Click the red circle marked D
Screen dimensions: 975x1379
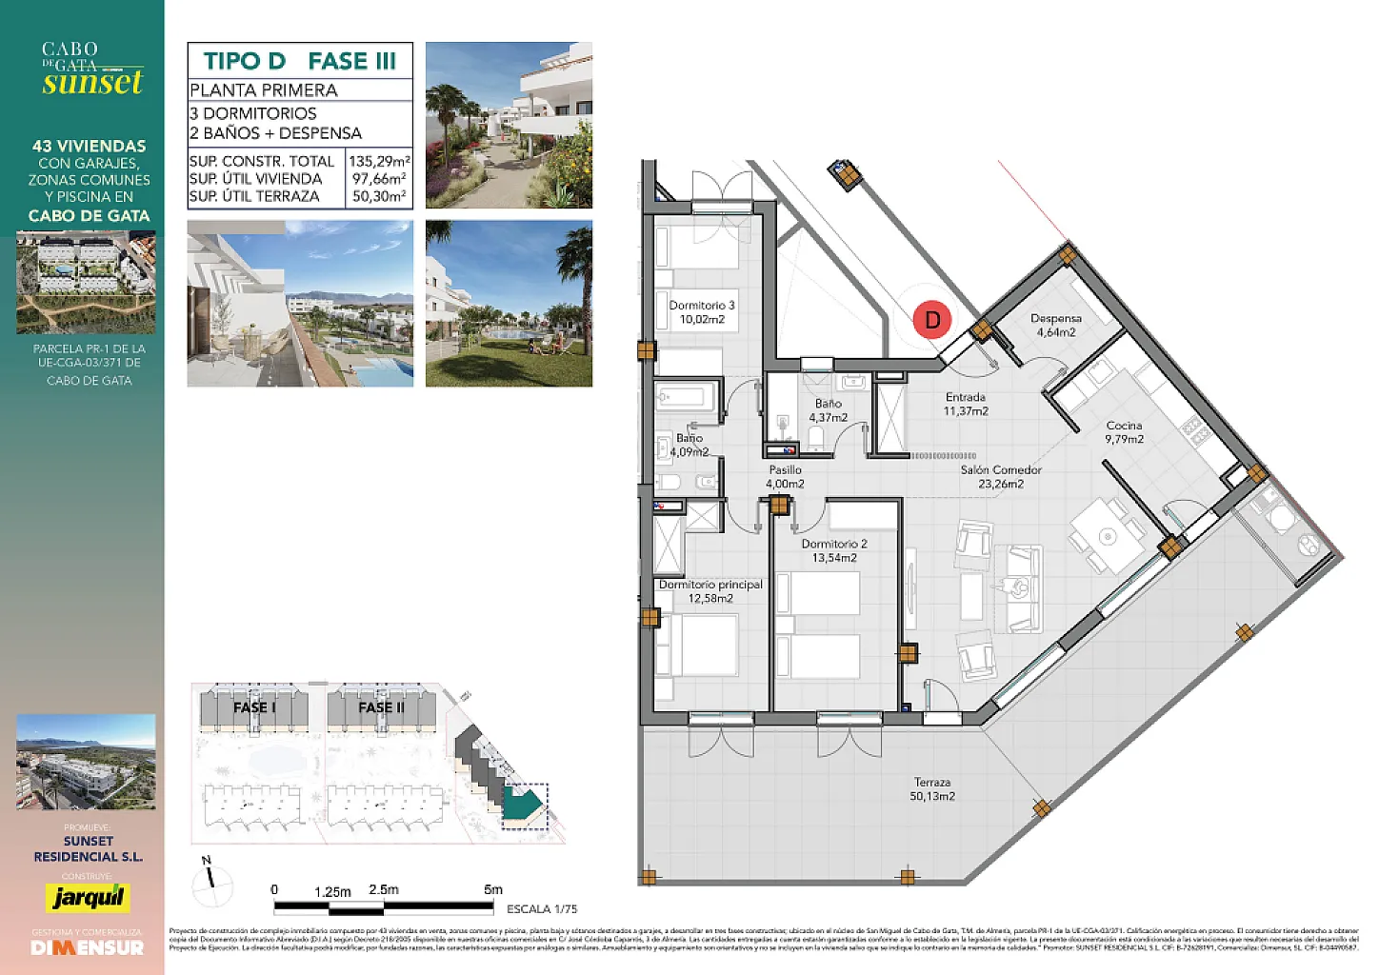coord(932,320)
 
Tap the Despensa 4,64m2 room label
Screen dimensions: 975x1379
coord(1055,326)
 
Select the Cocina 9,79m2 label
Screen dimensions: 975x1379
coord(1124,432)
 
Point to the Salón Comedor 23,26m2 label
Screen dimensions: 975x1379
coord(1000,477)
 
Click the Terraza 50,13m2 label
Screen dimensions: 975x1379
coord(931,789)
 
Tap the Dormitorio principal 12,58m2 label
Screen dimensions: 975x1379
coord(710,591)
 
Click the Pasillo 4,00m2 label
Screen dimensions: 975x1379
coord(785,477)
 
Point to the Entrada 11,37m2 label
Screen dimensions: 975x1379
coord(965,404)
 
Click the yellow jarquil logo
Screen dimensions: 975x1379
coord(88,898)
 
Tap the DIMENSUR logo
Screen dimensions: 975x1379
coord(88,948)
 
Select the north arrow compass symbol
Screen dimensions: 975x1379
coord(211,884)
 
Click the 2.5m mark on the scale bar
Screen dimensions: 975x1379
coord(384,890)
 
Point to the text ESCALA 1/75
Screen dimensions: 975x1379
coord(541,909)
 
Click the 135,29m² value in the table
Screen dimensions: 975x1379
coord(379,162)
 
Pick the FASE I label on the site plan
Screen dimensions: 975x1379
coord(254,707)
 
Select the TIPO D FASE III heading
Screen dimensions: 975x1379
coord(300,61)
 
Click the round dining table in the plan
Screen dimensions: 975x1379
coord(1107,537)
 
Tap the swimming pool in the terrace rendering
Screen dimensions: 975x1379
coord(381,367)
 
